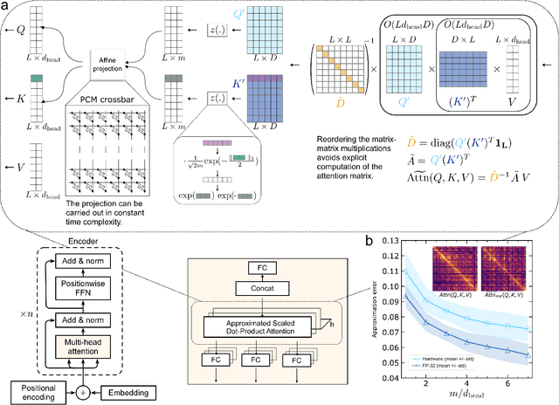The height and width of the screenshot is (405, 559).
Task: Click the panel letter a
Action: point(6,8)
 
